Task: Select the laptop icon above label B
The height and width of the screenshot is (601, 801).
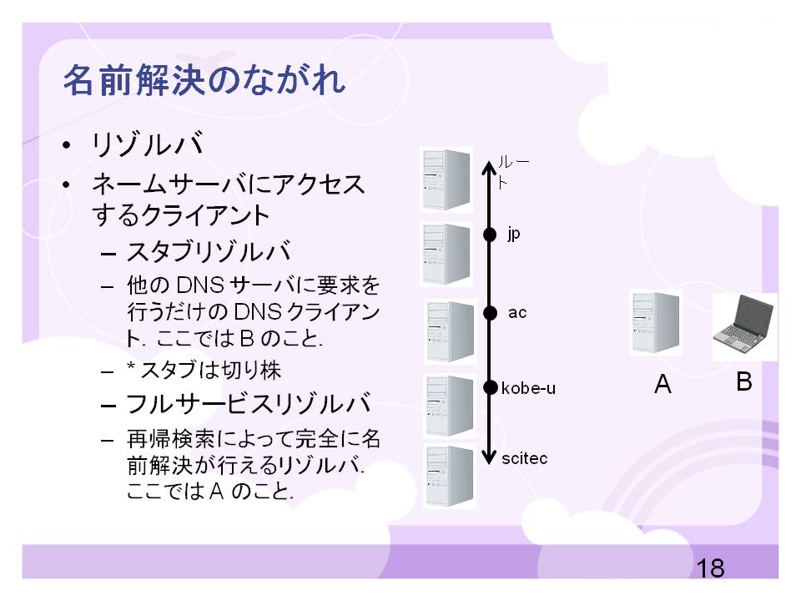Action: [x=744, y=326]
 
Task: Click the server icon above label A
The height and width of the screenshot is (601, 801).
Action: [x=655, y=323]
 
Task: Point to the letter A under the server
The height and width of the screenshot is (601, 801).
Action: [x=662, y=384]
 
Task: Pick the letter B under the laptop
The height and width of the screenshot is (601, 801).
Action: [x=744, y=382]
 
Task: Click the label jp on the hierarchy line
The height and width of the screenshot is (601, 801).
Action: [x=513, y=234]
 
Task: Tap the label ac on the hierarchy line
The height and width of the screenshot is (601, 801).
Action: [x=517, y=312]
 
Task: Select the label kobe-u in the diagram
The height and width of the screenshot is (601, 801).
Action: [x=528, y=387]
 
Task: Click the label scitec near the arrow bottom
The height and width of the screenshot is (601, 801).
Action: [x=526, y=458]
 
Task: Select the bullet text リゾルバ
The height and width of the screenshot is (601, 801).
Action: [x=148, y=144]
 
